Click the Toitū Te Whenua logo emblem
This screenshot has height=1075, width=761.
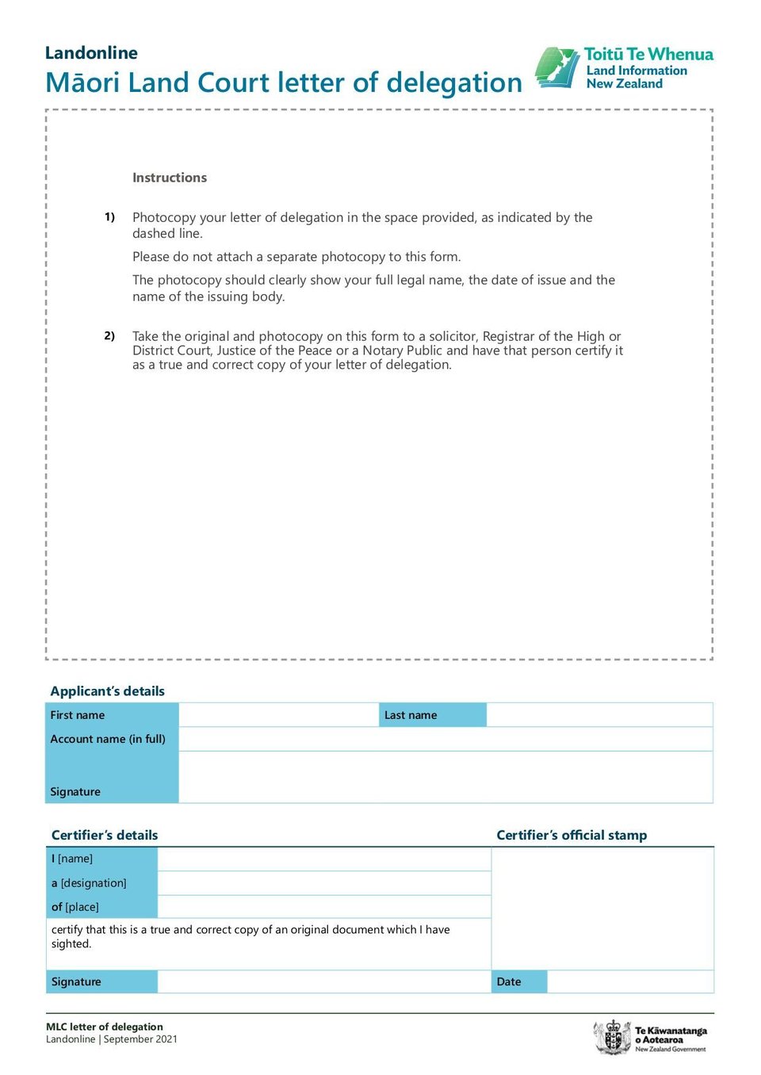pos(557,68)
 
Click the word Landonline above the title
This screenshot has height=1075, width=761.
pos(91,53)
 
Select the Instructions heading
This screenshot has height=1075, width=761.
pos(170,178)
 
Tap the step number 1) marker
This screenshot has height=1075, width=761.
pos(109,216)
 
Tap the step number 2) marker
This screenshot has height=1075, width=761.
pos(109,335)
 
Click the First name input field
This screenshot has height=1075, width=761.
pos(279,715)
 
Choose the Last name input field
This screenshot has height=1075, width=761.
pos(599,715)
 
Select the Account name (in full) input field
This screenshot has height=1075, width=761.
pos(446,739)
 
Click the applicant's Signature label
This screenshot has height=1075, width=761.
pos(75,791)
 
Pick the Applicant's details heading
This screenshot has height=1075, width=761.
pos(108,691)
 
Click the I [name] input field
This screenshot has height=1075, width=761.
pos(324,859)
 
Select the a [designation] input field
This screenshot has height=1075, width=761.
pos(324,883)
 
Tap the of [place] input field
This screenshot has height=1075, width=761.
pos(324,907)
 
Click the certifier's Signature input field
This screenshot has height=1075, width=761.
pos(324,981)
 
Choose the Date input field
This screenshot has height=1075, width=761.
pos(630,981)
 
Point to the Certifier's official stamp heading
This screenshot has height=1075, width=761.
pos(572,835)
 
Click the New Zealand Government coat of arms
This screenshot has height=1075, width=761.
pos(613,1037)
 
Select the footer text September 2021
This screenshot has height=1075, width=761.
pos(140,1039)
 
